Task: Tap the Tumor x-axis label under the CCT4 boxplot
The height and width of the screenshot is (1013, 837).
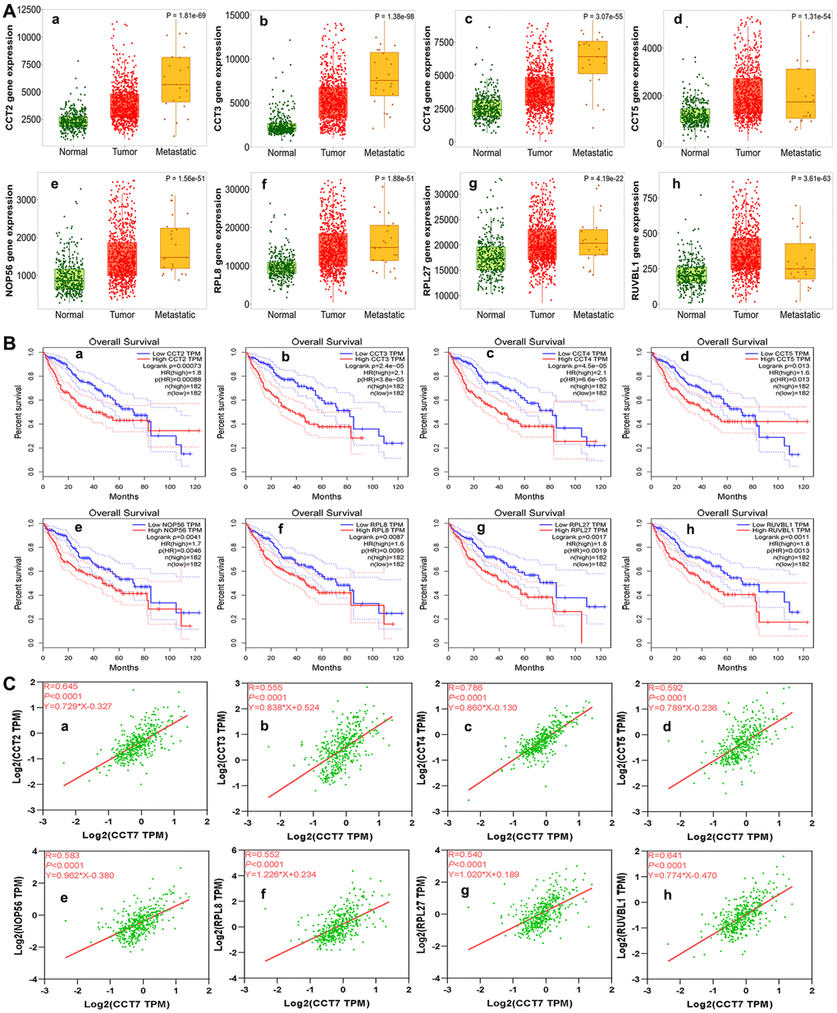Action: (x=540, y=153)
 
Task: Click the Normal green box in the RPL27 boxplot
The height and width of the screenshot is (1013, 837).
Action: (x=491, y=258)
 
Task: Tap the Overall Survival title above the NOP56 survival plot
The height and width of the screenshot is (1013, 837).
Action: (x=124, y=513)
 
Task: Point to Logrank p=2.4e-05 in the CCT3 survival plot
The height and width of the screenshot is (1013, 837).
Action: (x=377, y=367)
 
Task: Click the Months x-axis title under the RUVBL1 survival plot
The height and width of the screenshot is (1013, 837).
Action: (x=732, y=667)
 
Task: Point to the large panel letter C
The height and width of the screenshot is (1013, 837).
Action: (x=9, y=683)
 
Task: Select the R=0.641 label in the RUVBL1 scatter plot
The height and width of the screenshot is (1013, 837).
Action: (x=666, y=856)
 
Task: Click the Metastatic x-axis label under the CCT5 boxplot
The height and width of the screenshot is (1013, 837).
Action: (x=800, y=153)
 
